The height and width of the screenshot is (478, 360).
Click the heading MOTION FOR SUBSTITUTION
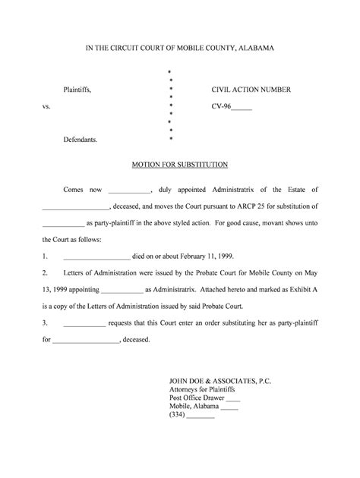tap(180, 165)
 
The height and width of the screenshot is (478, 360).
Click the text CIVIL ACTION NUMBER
tap(251, 90)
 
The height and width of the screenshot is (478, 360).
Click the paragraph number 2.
tap(45, 272)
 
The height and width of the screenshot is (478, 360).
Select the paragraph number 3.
tap(45, 322)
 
